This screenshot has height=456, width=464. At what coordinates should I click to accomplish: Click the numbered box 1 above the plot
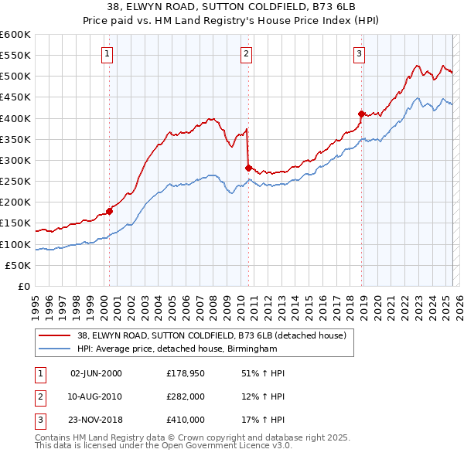tap(106, 54)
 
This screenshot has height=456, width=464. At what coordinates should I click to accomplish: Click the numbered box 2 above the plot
tap(246, 54)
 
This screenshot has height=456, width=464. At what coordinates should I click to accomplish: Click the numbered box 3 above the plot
tap(360, 54)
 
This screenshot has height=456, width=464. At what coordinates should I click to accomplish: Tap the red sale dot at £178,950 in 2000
tap(109, 210)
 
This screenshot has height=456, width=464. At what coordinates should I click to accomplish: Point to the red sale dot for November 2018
tap(361, 114)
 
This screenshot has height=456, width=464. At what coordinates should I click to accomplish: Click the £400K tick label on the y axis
tap(15, 118)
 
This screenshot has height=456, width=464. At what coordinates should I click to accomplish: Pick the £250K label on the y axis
tap(15, 181)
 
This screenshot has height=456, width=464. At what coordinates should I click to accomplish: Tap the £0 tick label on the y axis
tap(23, 286)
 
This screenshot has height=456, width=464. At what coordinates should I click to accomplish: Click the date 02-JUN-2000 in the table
tap(96, 373)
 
